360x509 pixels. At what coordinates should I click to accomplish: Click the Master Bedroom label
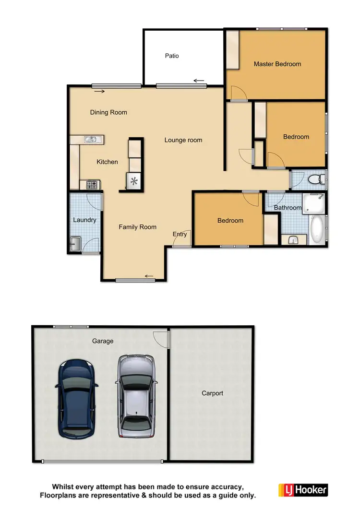pyautogui.click(x=277, y=64)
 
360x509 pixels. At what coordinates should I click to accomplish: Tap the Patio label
pyautogui.click(x=172, y=56)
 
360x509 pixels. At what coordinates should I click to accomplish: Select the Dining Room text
pyautogui.click(x=108, y=112)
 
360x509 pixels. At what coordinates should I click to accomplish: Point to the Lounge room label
pyautogui.click(x=183, y=140)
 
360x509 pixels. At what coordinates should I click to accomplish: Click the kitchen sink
pyautogui.click(x=91, y=140)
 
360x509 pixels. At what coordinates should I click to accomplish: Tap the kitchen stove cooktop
pyautogui.click(x=92, y=184)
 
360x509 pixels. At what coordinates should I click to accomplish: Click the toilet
pyautogui.click(x=316, y=180)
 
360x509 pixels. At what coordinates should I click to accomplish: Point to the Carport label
pyautogui.click(x=212, y=393)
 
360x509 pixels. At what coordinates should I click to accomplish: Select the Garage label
pyautogui.click(x=103, y=341)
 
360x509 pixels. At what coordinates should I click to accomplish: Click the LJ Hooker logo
pyautogui.click(x=303, y=490)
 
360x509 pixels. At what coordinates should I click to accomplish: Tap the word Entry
pyautogui.click(x=180, y=234)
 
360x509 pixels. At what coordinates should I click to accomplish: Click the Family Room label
pyautogui.click(x=138, y=227)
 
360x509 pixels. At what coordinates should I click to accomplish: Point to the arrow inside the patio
pyautogui.click(x=199, y=81)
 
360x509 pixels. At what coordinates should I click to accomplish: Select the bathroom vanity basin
pyautogui.click(x=292, y=240)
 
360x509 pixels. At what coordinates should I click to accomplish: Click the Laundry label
pyautogui.click(x=84, y=220)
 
